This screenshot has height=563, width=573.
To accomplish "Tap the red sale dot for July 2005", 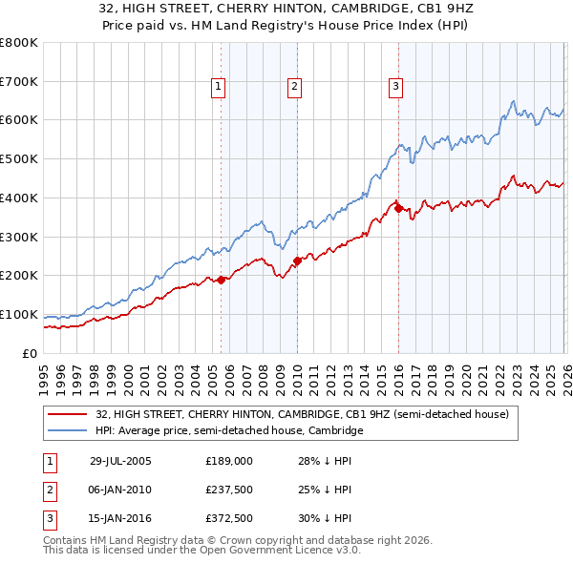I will point(222,280).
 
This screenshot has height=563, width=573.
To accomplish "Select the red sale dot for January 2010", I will point(297,261).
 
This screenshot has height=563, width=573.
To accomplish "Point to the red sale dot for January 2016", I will point(398,208).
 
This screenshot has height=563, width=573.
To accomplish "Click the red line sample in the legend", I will point(68,415).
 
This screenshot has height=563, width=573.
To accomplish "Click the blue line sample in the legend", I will point(68,430).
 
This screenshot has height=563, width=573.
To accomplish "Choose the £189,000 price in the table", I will point(229,461).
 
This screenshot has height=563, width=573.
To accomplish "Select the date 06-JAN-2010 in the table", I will point(120,490).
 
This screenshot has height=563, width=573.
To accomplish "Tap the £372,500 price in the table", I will point(229,518).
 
